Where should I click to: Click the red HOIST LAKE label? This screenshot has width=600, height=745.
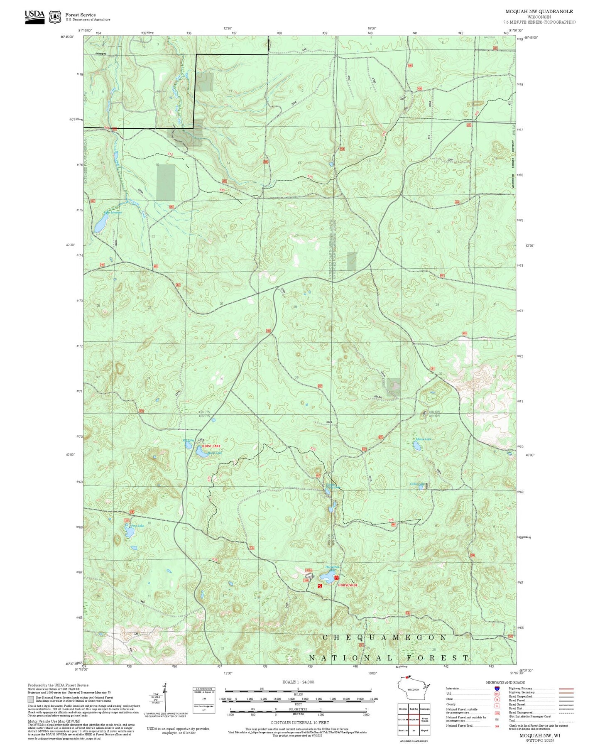(x=211, y=446)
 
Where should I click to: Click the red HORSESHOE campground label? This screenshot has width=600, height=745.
(x=348, y=585)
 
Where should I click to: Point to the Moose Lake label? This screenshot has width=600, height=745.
(x=423, y=439)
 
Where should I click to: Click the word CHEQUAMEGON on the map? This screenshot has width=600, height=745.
(x=384, y=637)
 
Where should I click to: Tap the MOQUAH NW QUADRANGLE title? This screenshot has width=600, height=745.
(x=539, y=12)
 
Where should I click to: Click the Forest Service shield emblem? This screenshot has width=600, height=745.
(x=55, y=17)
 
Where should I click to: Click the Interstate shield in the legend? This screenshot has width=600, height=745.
(x=497, y=688)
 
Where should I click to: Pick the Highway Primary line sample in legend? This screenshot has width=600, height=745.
(x=566, y=689)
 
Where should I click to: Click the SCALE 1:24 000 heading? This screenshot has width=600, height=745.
(x=298, y=682)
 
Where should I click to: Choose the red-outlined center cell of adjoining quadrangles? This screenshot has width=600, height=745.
(x=414, y=719)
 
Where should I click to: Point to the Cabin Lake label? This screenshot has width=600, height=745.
(x=417, y=484)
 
